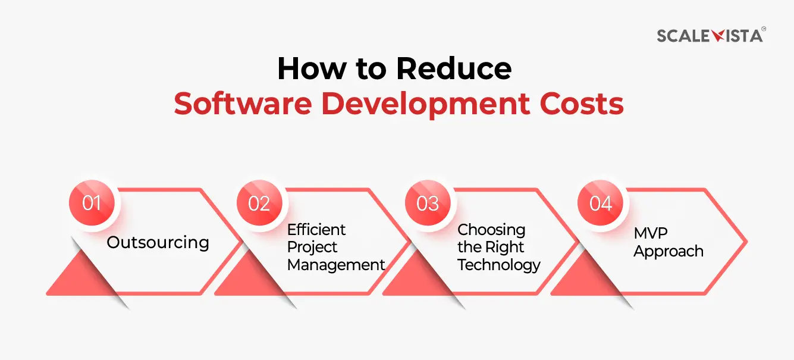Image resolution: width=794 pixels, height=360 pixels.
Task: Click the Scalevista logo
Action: click(711, 35)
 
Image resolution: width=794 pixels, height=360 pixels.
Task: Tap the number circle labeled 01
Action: click(92, 203)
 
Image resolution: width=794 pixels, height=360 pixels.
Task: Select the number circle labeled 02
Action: click(259, 203)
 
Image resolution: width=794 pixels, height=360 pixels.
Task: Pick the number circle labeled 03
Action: click(428, 203)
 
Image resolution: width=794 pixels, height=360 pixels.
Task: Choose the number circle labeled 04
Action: click(601, 203)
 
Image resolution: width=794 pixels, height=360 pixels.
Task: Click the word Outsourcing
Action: click(158, 242)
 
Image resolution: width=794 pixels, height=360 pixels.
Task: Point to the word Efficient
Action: click(316, 230)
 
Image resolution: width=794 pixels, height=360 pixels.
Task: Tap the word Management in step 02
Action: click(337, 265)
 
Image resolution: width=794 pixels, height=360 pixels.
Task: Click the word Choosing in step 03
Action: click(491, 230)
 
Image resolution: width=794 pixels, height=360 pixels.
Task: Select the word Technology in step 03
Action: click(499, 265)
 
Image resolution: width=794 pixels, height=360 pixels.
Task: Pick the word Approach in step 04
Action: click(669, 251)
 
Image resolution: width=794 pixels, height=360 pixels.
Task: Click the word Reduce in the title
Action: click(454, 69)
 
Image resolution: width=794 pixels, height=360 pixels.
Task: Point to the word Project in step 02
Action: click(312, 247)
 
